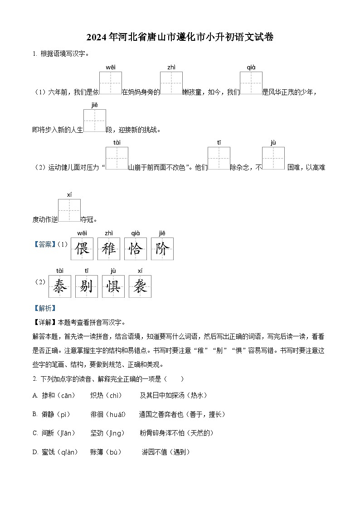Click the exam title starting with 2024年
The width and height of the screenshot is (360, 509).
pos(180,37)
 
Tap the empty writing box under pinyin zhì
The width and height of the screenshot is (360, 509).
pos(171,83)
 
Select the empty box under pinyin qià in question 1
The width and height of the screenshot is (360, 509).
pos(251,83)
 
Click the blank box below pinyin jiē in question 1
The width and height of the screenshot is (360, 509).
pos(95,121)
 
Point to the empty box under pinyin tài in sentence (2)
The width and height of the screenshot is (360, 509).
pos(117,158)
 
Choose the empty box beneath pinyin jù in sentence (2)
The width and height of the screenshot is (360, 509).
pos(273,158)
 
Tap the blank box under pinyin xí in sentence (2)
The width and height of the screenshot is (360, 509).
pos(69,210)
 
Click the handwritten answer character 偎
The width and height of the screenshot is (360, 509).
pos(82,249)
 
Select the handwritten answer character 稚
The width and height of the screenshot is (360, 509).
pos(109,249)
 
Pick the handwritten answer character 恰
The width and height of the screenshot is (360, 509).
pos(136,249)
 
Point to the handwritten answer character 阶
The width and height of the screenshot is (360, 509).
pos(162,249)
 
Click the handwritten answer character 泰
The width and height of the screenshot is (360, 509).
pos(60,286)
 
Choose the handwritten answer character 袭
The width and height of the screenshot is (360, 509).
pos(140,286)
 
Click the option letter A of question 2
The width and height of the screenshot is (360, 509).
pos(35,396)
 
